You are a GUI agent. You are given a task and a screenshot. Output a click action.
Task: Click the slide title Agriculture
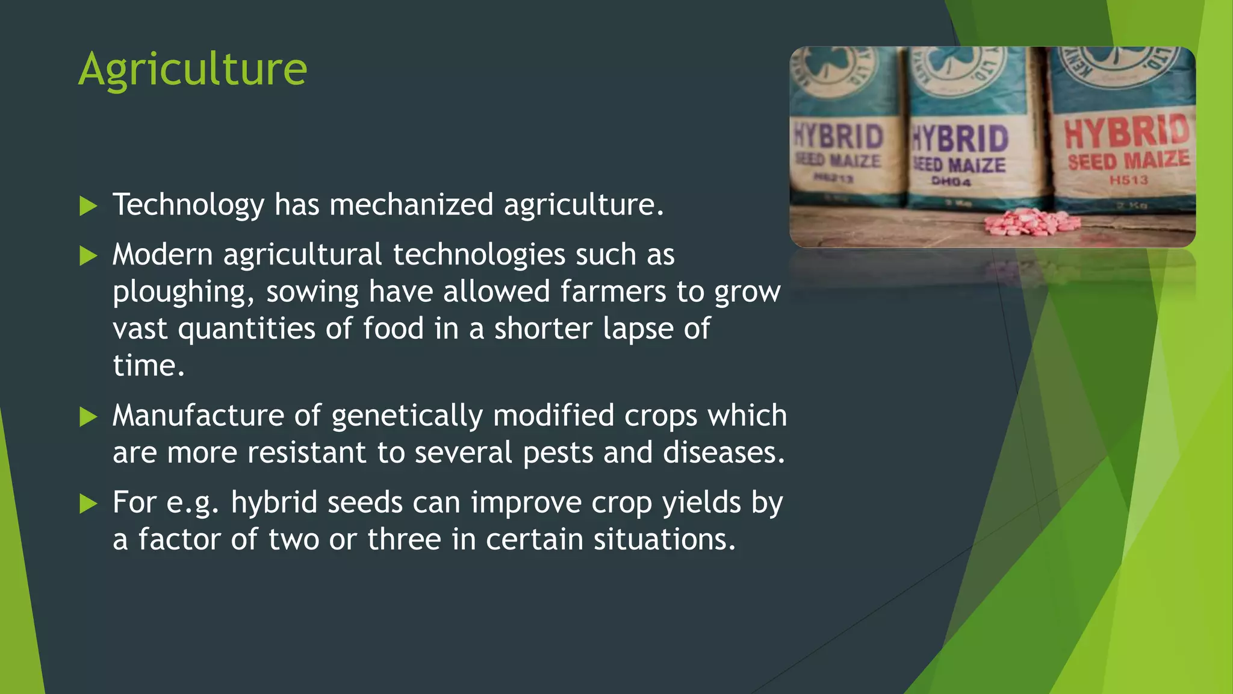click(193, 70)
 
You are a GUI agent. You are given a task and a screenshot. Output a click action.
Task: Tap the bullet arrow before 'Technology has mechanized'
click(88, 206)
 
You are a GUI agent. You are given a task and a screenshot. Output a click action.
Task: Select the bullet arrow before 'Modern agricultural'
click(88, 256)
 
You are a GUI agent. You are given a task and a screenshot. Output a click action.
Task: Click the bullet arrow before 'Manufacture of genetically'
click(88, 417)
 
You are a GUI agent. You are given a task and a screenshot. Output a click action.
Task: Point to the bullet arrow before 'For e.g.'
click(88, 504)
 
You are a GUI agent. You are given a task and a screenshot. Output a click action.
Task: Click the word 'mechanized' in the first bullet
click(411, 205)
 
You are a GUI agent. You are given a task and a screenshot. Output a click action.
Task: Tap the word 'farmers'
click(613, 292)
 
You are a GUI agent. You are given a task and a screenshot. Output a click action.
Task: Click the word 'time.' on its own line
click(148, 366)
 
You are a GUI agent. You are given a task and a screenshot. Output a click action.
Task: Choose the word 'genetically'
click(407, 416)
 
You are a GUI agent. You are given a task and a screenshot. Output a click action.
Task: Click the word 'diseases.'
click(724, 452)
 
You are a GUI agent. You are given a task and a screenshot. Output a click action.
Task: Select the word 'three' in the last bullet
click(404, 539)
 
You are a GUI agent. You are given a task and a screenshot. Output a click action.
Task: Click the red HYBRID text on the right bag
click(1127, 132)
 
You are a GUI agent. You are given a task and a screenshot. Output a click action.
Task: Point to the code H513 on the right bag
click(1129, 180)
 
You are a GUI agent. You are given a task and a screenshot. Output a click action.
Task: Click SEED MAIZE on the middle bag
click(958, 164)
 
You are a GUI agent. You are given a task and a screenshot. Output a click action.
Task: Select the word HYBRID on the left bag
click(839, 137)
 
